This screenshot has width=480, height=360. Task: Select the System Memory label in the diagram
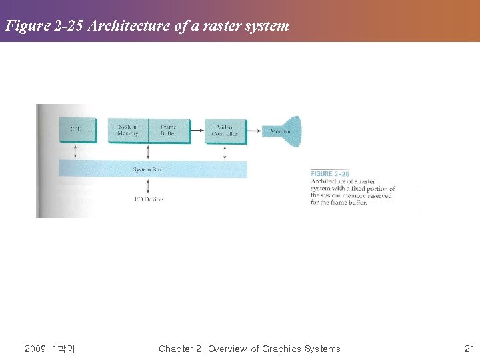click(x=128, y=129)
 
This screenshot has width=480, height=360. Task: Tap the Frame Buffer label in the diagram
click(x=168, y=129)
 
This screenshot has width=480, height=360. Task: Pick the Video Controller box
click(x=225, y=130)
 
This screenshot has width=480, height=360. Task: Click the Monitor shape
click(x=283, y=131)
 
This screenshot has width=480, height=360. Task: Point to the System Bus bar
click(x=153, y=169)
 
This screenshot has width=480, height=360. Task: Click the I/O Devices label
click(x=149, y=199)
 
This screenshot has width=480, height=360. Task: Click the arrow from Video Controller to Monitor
click(x=253, y=132)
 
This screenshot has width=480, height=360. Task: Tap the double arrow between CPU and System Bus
click(x=75, y=151)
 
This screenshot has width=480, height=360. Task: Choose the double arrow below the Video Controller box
click(x=225, y=152)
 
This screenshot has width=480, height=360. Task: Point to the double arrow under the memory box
click(x=148, y=151)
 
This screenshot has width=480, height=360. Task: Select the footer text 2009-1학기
click(x=49, y=349)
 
